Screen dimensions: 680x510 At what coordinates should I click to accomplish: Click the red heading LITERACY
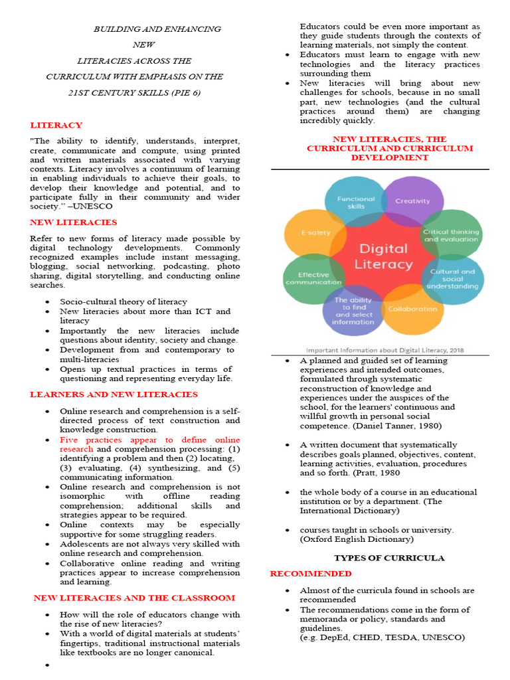(x=56, y=125)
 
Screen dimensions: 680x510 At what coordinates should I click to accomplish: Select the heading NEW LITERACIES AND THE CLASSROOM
(x=134, y=598)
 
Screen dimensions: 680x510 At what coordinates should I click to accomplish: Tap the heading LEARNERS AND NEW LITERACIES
(x=114, y=394)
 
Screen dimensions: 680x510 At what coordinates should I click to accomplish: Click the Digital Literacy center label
(x=383, y=256)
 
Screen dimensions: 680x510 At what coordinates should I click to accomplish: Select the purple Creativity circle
(x=412, y=201)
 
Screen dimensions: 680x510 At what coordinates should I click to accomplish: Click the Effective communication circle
(x=312, y=279)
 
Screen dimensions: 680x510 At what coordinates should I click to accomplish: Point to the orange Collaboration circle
(x=412, y=309)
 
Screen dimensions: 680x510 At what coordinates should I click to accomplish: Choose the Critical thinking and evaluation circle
(x=452, y=235)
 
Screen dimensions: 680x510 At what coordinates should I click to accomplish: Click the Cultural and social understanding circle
(x=453, y=279)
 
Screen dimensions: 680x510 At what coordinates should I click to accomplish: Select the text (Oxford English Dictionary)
(x=356, y=539)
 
